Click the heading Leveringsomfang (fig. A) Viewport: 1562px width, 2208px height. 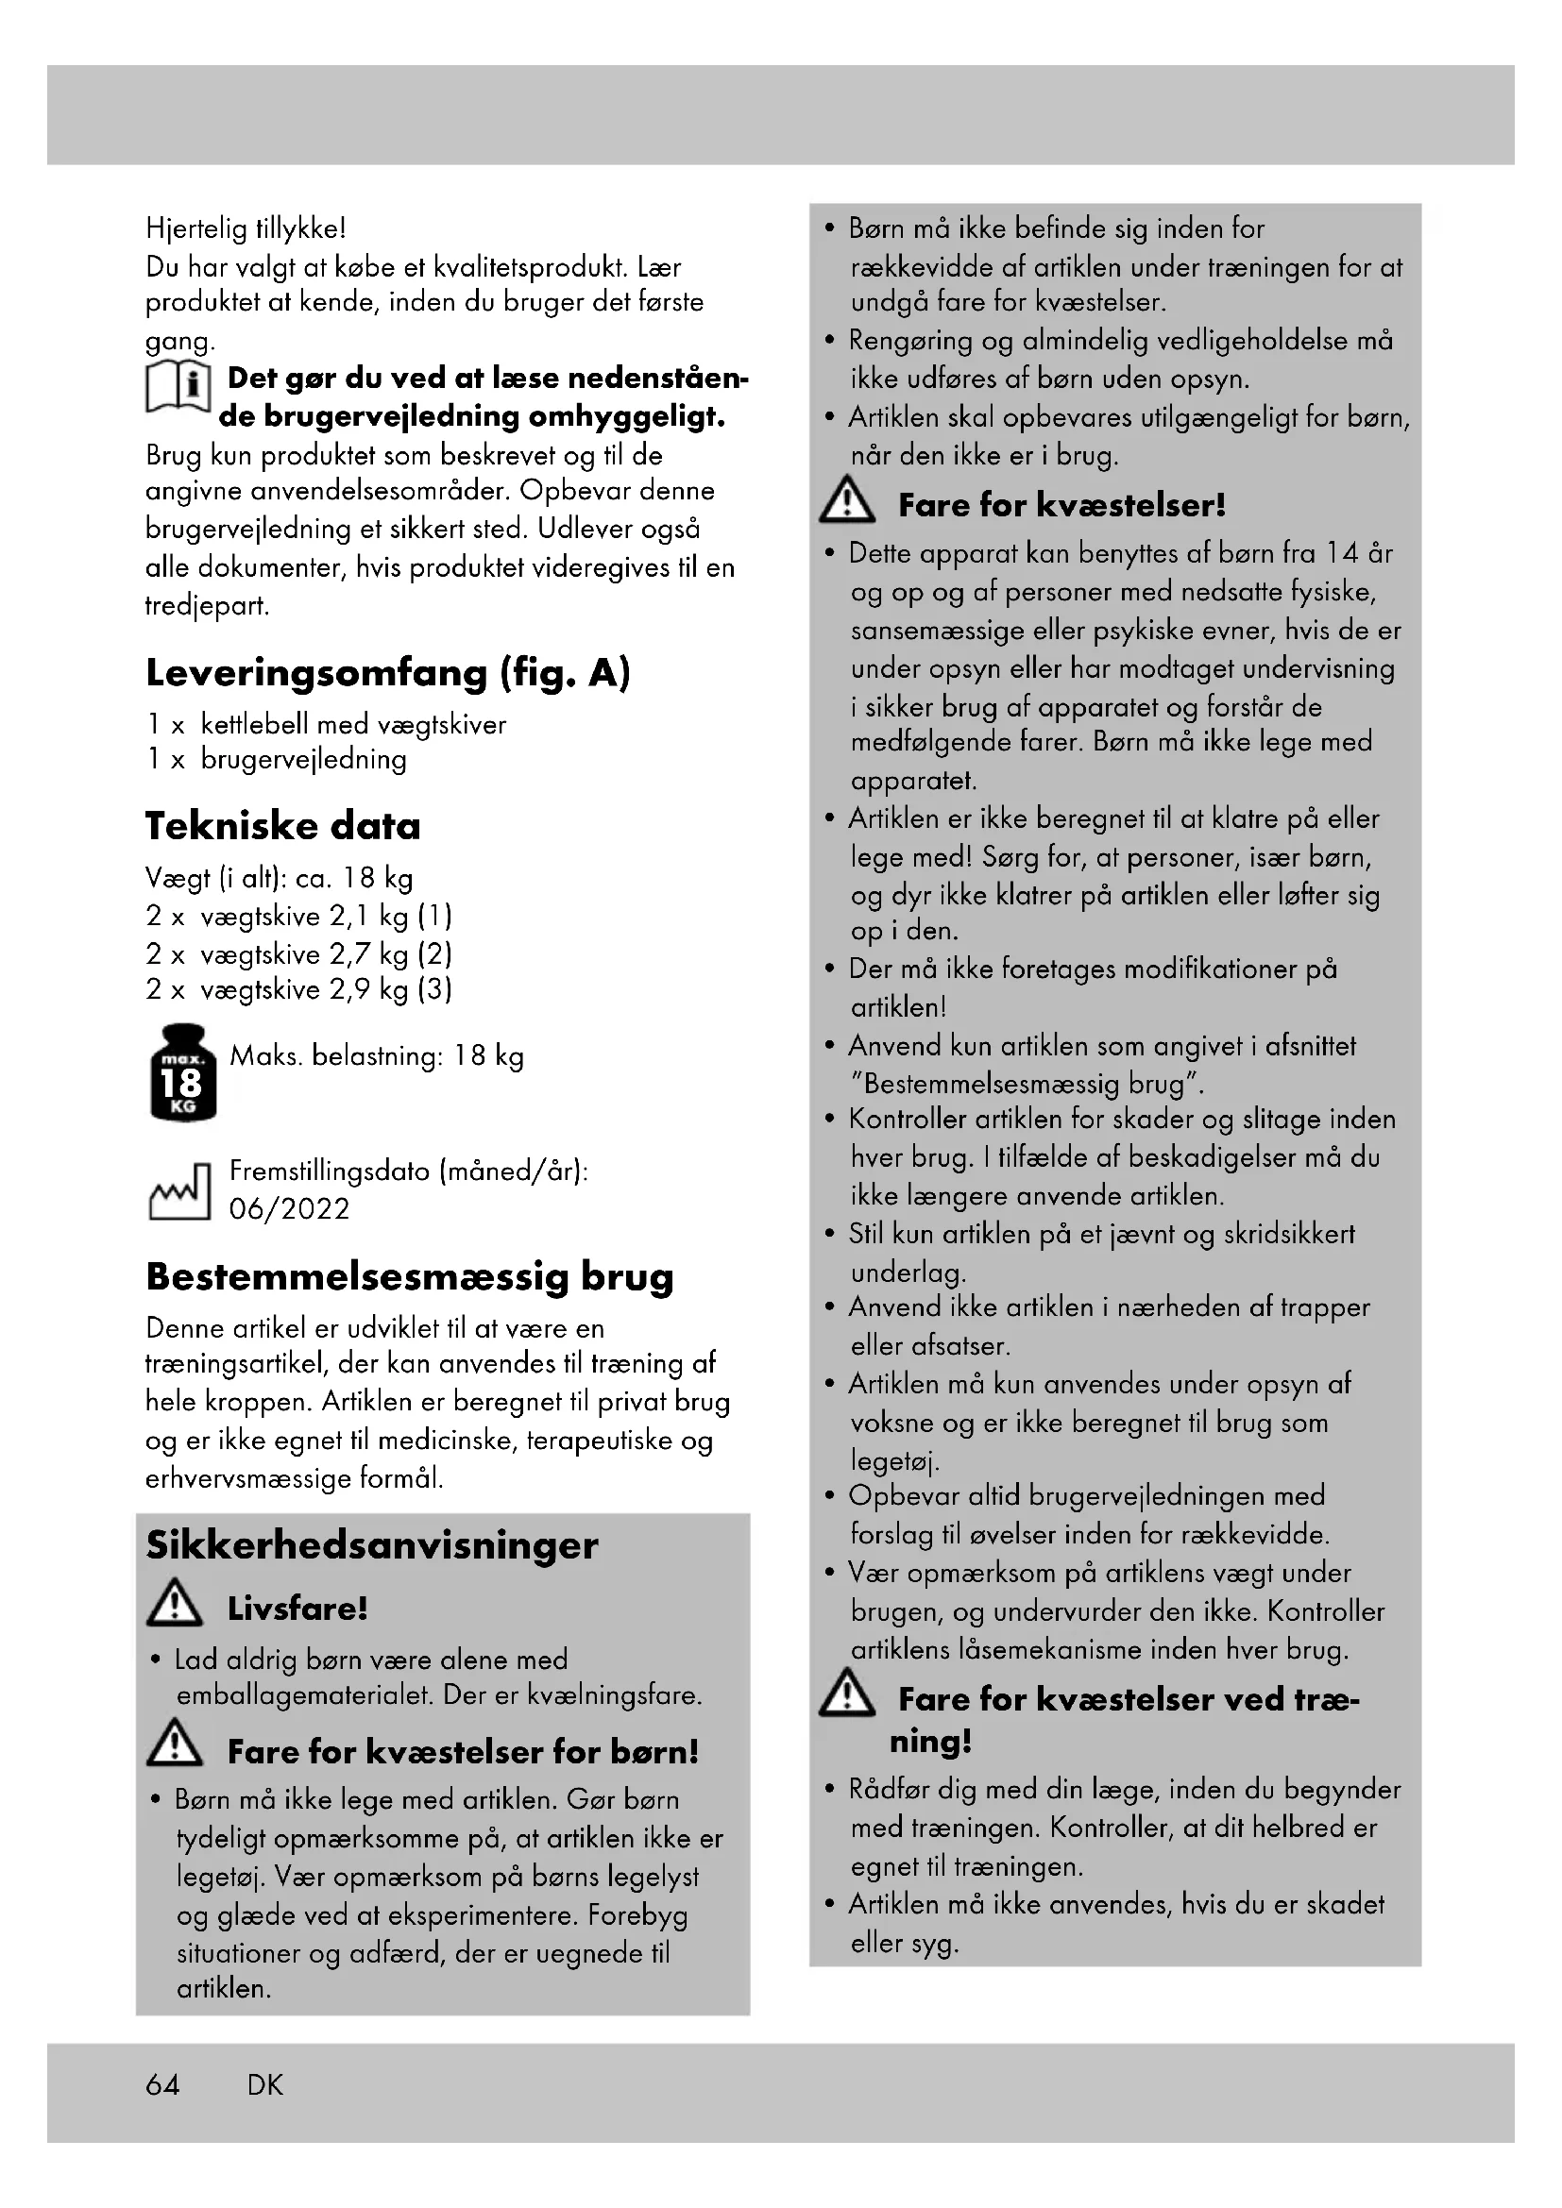coord(387,673)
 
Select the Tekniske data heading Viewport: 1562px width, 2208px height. coord(282,826)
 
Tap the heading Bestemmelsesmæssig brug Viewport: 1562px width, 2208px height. coord(410,1276)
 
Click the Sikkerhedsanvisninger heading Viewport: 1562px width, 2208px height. coord(371,1545)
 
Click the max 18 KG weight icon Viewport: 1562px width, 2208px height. coord(183,1072)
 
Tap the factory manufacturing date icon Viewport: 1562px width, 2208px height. coord(178,1192)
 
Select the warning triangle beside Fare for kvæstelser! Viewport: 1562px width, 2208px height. coord(846,500)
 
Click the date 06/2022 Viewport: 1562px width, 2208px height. coord(290,1209)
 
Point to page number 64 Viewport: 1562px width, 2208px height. coord(162,2085)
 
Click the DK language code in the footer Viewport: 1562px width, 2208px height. coord(265,2085)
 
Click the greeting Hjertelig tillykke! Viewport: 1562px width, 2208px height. coord(246,228)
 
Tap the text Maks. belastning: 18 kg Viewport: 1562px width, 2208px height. coord(376,1056)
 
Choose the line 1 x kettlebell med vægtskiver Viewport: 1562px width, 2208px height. coord(326,724)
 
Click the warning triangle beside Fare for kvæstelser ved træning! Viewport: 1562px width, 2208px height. coord(846,1694)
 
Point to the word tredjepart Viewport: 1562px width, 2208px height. coord(207,606)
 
